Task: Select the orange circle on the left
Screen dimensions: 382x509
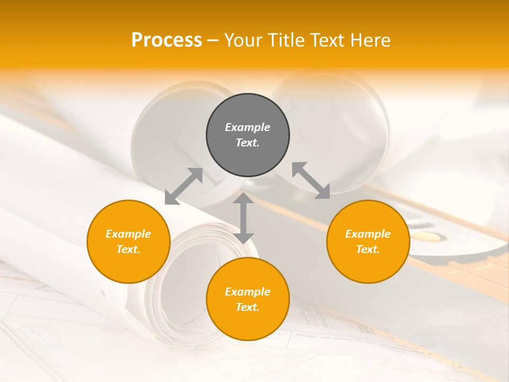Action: (x=128, y=241)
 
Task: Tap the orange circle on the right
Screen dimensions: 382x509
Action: (x=368, y=241)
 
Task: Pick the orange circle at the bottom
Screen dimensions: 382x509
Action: (x=248, y=299)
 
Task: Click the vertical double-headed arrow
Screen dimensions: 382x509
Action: (x=243, y=218)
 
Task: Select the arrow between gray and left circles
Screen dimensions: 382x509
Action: (x=183, y=186)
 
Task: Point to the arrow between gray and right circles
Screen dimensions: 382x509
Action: (x=311, y=180)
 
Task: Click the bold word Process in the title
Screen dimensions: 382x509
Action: (x=166, y=40)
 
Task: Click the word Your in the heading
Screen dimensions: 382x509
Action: (x=244, y=40)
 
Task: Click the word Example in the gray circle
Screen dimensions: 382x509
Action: (x=248, y=127)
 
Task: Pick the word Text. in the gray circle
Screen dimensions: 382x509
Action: (x=248, y=143)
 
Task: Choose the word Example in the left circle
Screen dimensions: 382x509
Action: (x=128, y=234)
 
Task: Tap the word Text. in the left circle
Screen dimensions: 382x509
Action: (x=128, y=249)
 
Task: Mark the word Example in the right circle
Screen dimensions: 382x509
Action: (x=368, y=234)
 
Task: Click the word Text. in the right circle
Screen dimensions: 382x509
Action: (x=368, y=249)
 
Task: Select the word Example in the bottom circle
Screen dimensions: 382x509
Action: (x=248, y=292)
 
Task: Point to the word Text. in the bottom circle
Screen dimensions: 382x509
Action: (x=248, y=307)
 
